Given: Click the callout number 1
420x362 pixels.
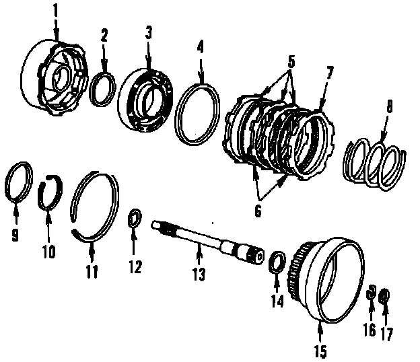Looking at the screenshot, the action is click(57, 11).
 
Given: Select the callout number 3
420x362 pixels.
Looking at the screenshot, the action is click(149, 32).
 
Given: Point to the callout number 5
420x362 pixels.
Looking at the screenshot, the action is click(291, 61).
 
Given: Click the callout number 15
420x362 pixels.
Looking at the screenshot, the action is click(321, 349).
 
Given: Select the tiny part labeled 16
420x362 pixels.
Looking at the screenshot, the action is click(371, 293).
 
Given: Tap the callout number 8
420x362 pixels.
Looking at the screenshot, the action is click(388, 107).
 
